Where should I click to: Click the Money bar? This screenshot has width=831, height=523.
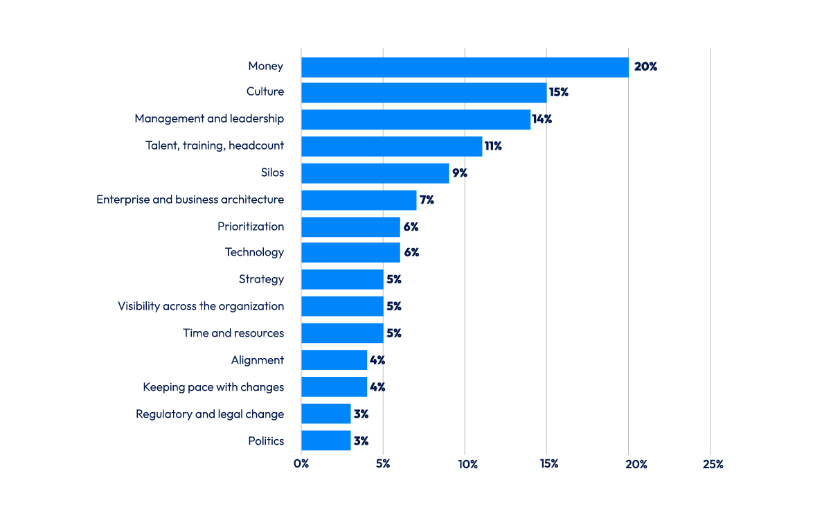(x=465, y=67)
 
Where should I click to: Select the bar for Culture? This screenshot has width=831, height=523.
(x=424, y=93)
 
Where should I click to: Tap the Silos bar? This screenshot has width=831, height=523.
(x=375, y=173)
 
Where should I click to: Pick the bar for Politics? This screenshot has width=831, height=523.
(x=325, y=441)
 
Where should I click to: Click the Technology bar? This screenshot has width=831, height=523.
(x=350, y=253)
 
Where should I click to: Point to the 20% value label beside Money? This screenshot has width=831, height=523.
(x=645, y=67)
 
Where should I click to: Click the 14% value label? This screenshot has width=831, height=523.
(x=542, y=119)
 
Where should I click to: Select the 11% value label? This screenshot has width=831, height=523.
(x=493, y=146)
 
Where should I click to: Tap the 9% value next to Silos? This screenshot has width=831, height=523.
(x=460, y=173)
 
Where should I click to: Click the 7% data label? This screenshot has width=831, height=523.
(x=427, y=200)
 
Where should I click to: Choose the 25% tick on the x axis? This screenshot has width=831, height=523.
(x=712, y=464)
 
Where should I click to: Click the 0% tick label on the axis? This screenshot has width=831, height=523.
(x=301, y=464)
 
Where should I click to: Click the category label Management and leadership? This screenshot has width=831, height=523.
(x=209, y=119)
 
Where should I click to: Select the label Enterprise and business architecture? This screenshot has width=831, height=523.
(x=190, y=200)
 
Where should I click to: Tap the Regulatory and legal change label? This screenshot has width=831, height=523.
(x=210, y=414)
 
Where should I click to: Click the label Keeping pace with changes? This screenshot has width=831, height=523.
(x=213, y=387)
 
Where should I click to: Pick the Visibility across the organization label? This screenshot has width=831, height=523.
(x=201, y=306)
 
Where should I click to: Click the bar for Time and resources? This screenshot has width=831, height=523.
(x=342, y=333)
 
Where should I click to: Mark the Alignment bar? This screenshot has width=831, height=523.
(x=334, y=360)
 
